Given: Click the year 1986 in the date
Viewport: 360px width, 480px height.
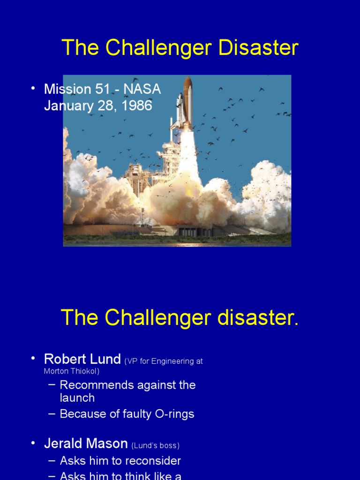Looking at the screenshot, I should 136,105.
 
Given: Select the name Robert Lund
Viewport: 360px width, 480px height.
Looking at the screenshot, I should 82,359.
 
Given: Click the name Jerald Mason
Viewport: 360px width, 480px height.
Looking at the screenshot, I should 86,443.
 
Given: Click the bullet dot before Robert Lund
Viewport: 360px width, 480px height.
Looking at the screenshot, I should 33,359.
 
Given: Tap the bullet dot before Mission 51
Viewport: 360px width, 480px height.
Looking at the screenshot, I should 33,89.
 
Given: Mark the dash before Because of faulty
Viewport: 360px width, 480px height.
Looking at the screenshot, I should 52,414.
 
